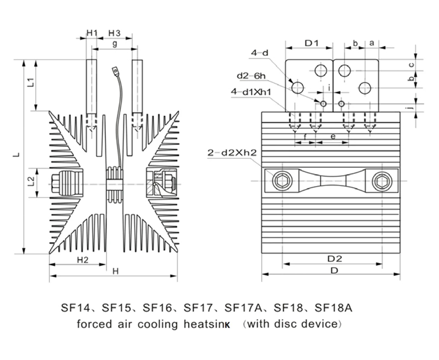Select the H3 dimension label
pos(115,32)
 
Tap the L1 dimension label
pos(31,83)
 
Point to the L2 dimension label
pos(31,179)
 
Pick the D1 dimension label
pos(312,42)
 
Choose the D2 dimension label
pos(335,258)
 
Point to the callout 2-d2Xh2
pos(232,152)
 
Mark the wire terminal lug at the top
pos(115,70)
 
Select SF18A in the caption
pos(333,308)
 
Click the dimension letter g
pos(114,43)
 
